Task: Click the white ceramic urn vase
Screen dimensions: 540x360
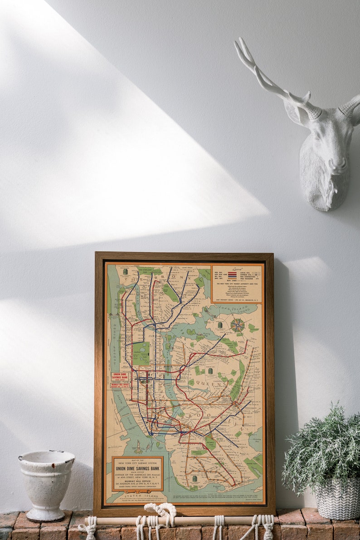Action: click(46, 484)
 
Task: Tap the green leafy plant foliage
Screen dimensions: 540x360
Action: click(323, 449)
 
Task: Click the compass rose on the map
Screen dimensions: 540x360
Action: click(237, 325)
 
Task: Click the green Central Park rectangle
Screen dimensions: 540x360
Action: click(141, 353)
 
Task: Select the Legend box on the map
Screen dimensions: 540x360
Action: click(237, 284)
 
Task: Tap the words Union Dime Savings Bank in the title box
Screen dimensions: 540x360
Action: click(137, 468)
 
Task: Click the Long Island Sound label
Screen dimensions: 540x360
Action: click(234, 310)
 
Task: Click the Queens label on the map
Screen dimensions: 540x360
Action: click(213, 383)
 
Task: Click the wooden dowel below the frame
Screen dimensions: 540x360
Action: click(190, 521)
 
